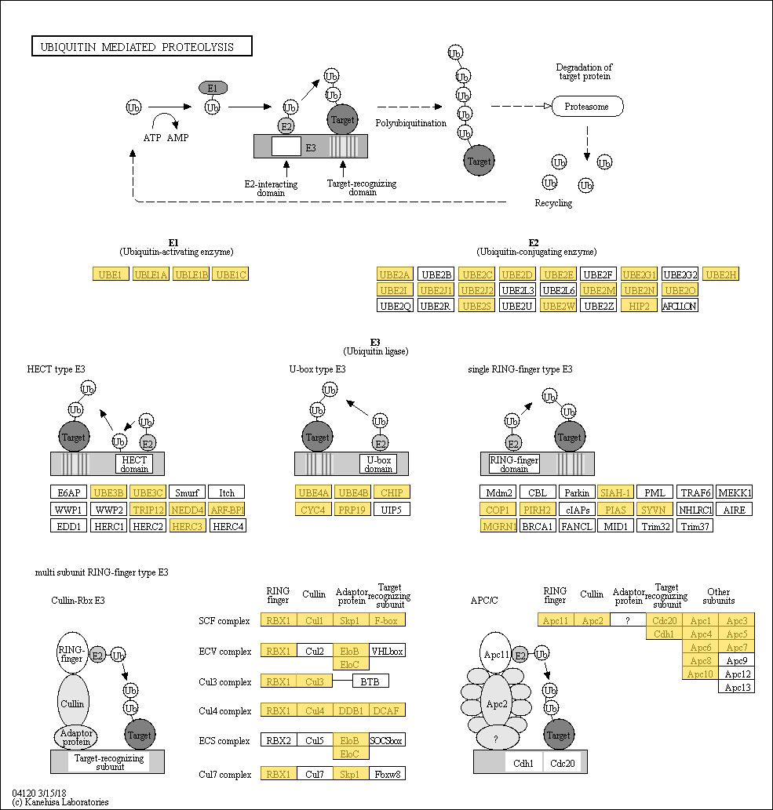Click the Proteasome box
587,107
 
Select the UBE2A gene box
395,274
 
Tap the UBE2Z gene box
600,305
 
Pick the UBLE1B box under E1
191,274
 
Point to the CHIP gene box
392,492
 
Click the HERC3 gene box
187,525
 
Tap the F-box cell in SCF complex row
387,621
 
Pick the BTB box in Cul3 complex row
370,681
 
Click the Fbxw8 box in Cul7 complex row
387,775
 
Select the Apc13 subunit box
737,687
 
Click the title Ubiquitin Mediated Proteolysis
142,47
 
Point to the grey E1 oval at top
213,88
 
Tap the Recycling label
553,203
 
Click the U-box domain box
378,464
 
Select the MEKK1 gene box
735,493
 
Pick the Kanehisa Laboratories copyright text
60,802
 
